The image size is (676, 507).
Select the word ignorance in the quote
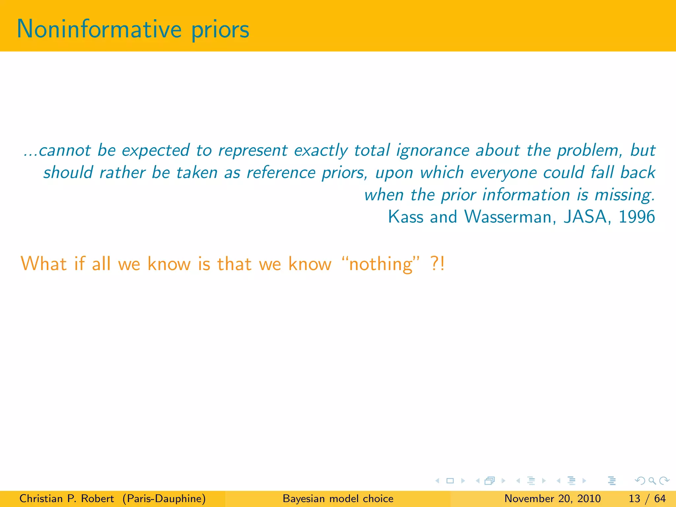pyautogui.click(x=433, y=151)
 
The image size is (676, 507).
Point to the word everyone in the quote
pyautogui.click(x=503, y=173)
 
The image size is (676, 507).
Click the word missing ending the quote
pyautogui.click(x=625, y=195)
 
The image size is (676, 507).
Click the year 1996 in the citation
pyautogui.click(x=637, y=217)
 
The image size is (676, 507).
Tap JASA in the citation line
pyautogui.click(x=585, y=217)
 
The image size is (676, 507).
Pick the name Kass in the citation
pyautogui.click(x=406, y=217)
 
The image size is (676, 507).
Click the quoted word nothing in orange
pyautogui.click(x=381, y=264)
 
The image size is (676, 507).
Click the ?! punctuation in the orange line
pyautogui.click(x=438, y=264)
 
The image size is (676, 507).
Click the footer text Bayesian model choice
pyautogui.click(x=338, y=498)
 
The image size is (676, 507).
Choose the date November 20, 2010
pyautogui.click(x=553, y=498)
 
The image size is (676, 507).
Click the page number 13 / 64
pyautogui.click(x=647, y=498)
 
